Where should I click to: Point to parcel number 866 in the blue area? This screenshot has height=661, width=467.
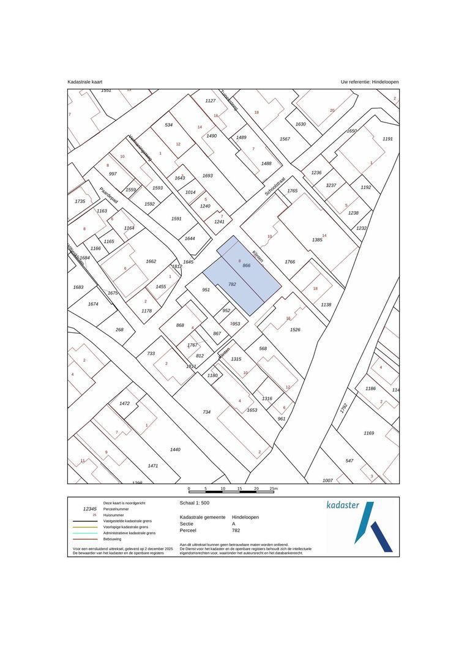pyautogui.click(x=247, y=266)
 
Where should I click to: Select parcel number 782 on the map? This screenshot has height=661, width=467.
pyautogui.click(x=232, y=284)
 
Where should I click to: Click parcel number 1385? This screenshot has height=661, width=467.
pyautogui.click(x=317, y=239)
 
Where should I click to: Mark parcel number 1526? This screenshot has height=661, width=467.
pyautogui.click(x=295, y=330)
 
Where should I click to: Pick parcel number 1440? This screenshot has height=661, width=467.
pyautogui.click(x=175, y=449)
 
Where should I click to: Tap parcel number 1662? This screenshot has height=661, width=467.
pyautogui.click(x=151, y=261)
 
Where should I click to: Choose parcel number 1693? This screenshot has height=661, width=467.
pyautogui.click(x=207, y=176)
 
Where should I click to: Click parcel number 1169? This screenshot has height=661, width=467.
pyautogui.click(x=368, y=433)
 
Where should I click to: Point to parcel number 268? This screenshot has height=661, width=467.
pyautogui.click(x=119, y=329)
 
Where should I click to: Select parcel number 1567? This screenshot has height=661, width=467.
pyautogui.click(x=285, y=139)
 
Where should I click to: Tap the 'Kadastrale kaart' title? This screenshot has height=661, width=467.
pyautogui.click(x=84, y=81)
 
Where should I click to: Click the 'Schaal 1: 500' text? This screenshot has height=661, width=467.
pyautogui.click(x=195, y=502)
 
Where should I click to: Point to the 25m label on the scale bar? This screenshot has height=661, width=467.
pyautogui.click(x=274, y=488)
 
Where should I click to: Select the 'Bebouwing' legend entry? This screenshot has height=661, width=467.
pyautogui.click(x=113, y=539)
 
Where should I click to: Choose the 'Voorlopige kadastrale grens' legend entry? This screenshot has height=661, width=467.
pyautogui.click(x=125, y=527)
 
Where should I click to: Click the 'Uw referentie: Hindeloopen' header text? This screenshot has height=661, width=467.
pyautogui.click(x=370, y=81)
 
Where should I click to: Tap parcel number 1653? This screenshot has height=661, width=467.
pyautogui.click(x=252, y=410)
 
